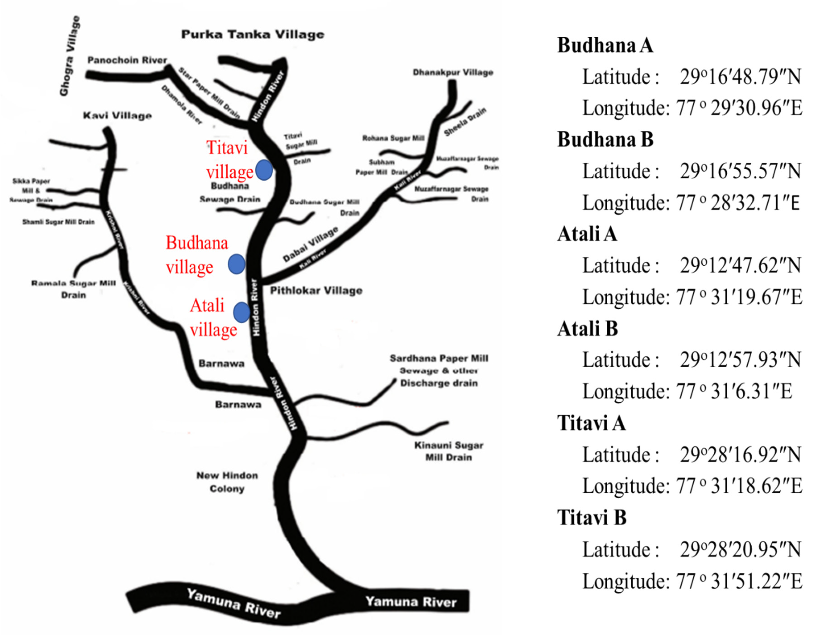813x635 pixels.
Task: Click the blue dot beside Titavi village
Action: (x=264, y=170)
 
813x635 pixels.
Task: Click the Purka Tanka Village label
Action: (x=252, y=35)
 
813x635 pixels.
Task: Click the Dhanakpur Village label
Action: (x=453, y=72)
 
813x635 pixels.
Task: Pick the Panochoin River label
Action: (x=127, y=60)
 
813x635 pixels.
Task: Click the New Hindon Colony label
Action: (x=227, y=482)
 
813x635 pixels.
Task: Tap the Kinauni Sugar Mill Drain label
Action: (x=449, y=451)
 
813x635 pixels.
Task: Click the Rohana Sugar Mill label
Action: (x=393, y=138)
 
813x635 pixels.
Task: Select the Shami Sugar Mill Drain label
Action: (x=58, y=222)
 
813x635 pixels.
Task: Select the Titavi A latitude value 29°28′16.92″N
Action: (x=740, y=455)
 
